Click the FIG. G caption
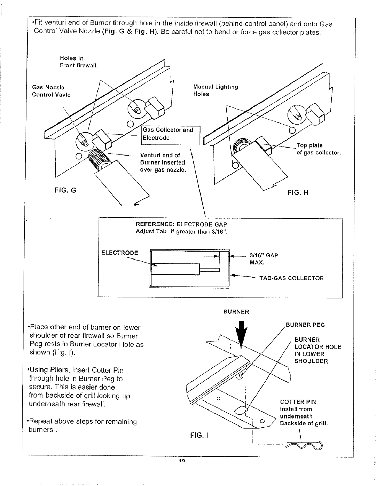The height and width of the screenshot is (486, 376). pos(64,191)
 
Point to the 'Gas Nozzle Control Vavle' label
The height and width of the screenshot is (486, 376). pos(51,91)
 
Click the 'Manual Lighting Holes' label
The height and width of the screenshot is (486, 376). pos(216,90)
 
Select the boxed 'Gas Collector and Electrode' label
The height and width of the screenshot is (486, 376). pos(167,134)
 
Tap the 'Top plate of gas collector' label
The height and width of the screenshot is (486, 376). pos(318,149)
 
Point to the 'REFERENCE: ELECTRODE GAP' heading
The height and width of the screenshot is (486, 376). pos(183,225)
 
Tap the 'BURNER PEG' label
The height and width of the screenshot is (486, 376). pos(306,325)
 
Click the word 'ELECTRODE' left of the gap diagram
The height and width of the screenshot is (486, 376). pos(120,253)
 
